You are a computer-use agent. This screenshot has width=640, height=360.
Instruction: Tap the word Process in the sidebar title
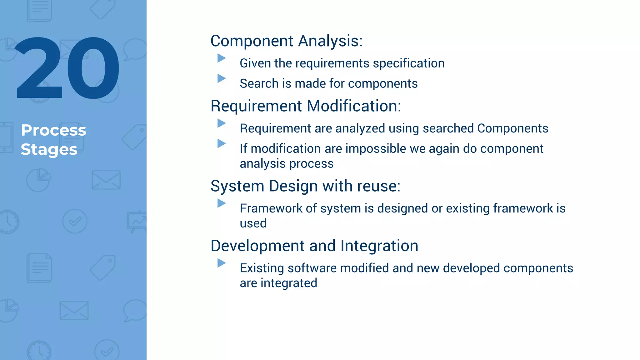(x=53, y=130)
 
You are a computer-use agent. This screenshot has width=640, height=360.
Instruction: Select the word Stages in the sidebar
(x=49, y=149)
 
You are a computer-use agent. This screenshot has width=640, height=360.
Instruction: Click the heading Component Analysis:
(x=286, y=41)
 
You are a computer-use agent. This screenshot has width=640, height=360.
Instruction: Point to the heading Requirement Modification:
(x=306, y=106)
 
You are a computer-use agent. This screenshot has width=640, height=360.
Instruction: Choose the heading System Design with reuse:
(x=305, y=186)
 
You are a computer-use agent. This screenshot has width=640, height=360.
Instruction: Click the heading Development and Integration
(x=314, y=246)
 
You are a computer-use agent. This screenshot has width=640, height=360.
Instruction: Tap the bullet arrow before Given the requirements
(x=221, y=58)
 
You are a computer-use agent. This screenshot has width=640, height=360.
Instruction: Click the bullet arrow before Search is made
(x=221, y=78)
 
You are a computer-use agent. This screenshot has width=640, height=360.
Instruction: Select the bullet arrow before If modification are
(x=221, y=143)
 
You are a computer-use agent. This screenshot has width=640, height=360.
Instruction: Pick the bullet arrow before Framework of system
(x=221, y=203)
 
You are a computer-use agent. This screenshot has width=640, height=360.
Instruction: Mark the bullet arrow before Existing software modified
(x=221, y=263)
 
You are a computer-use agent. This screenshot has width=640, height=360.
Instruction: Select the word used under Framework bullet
(x=253, y=223)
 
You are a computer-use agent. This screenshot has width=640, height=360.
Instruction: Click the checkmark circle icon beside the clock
(x=75, y=221)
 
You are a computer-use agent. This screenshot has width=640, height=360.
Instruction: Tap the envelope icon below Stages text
(x=106, y=180)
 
